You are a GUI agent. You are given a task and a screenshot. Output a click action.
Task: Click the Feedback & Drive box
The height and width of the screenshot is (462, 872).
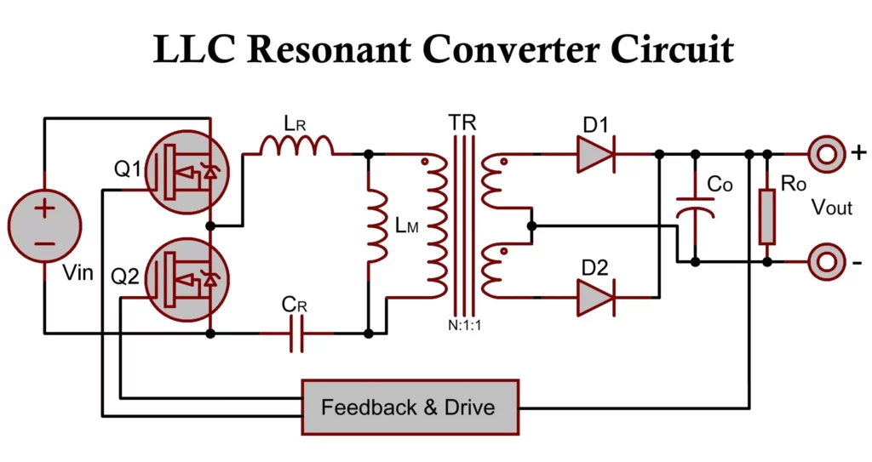[410, 407]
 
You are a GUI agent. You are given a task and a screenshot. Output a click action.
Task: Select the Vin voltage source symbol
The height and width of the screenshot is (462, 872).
[44, 225]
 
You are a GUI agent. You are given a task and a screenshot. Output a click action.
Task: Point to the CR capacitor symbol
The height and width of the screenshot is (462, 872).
[295, 334]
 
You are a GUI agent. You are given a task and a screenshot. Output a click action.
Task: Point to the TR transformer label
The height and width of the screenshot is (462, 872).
[462, 123]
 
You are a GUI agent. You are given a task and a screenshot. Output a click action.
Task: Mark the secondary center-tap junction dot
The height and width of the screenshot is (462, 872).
[531, 226]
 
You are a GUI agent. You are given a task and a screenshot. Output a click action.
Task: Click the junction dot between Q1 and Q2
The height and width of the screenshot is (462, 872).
[211, 226]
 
